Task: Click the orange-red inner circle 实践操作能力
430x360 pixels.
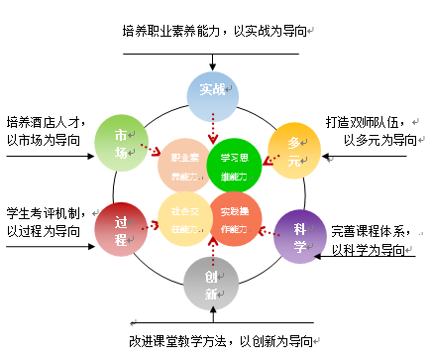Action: pos(235,217)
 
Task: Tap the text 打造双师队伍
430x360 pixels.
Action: pos(365,123)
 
